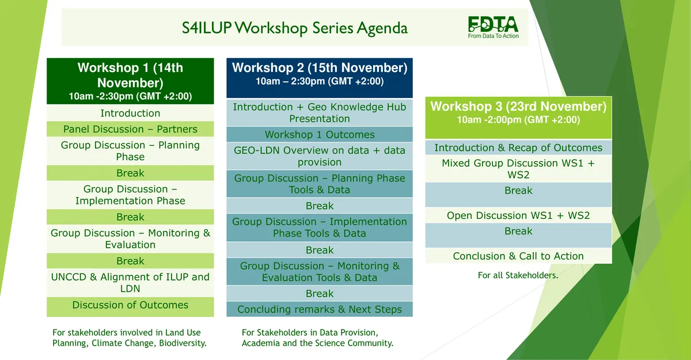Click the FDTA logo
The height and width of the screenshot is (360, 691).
click(493, 28)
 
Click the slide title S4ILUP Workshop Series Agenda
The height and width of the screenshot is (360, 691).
click(295, 28)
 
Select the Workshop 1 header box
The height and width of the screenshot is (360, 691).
click(130, 81)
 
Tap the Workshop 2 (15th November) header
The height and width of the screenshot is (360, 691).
click(320, 78)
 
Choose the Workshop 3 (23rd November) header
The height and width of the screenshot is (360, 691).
click(518, 118)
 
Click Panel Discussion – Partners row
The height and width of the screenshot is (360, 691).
click(130, 129)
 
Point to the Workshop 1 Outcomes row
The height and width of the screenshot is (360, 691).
click(320, 135)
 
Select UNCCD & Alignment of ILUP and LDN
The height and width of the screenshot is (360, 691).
click(130, 283)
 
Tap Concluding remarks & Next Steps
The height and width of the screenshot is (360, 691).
click(320, 309)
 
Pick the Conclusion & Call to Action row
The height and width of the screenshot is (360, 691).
click(518, 256)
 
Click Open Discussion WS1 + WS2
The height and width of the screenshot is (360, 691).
click(518, 215)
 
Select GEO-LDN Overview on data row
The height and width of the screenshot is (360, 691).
click(320, 156)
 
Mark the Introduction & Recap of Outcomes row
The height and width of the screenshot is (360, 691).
click(518, 147)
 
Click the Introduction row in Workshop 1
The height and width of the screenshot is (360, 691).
click(130, 113)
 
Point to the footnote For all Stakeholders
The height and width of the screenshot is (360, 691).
click(518, 275)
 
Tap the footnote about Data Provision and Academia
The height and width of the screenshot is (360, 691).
click(317, 338)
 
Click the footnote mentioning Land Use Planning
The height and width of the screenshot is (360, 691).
click(129, 338)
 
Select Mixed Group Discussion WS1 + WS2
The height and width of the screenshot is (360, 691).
click(518, 169)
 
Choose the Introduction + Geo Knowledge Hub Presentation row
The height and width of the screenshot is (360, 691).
click(320, 112)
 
